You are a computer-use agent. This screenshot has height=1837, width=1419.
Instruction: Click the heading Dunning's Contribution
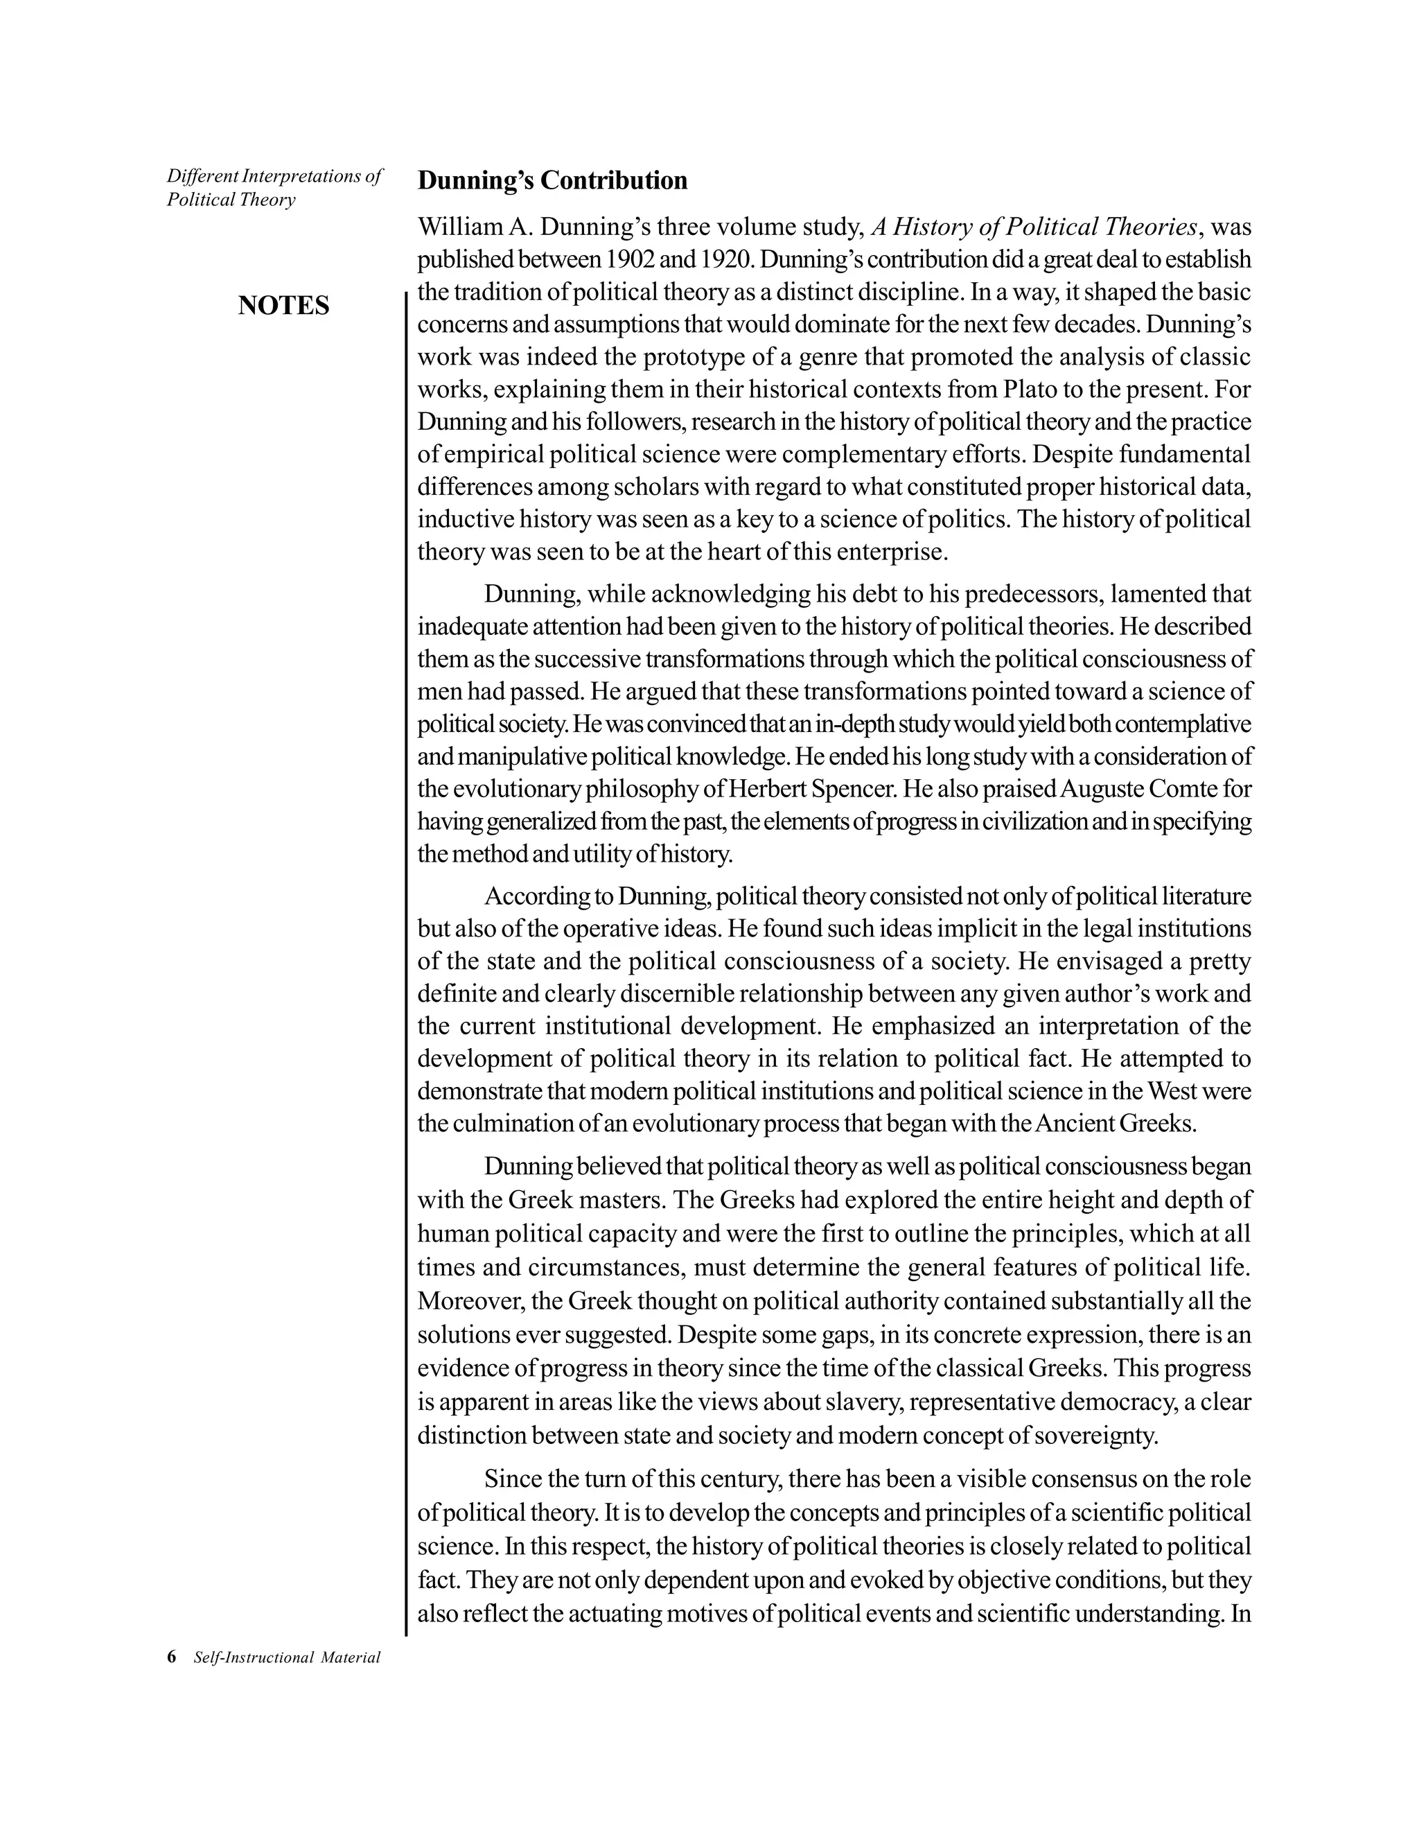552,181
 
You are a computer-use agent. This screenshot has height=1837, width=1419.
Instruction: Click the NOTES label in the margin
283,305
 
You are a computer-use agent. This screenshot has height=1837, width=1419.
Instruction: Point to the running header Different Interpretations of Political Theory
274,188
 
